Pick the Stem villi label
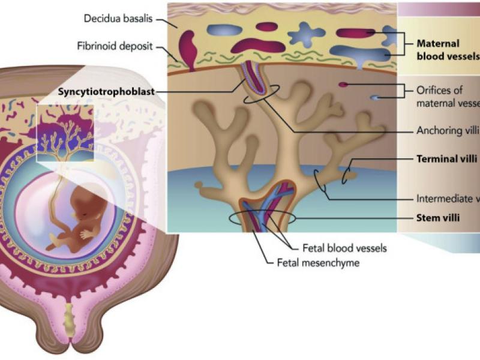tap(438, 217)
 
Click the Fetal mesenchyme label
tap(318, 262)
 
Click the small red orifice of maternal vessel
tap(343, 85)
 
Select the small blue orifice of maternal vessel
tap(374, 98)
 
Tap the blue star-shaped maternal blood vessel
tap(306, 35)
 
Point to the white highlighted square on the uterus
tap(66, 133)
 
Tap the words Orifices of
tap(439, 91)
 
